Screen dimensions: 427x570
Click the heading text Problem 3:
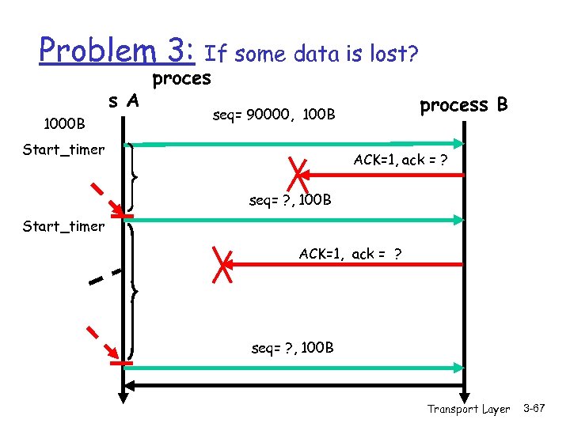tap(116, 51)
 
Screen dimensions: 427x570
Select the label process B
tap(463, 105)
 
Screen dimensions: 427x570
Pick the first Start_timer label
tap(64, 149)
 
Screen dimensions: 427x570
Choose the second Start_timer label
tap(64, 226)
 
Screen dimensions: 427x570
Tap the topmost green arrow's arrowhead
tap(458, 144)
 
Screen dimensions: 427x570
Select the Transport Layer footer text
tap(469, 409)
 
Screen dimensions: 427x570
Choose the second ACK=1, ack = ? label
tap(349, 254)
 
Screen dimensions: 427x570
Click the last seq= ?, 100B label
tap(292, 348)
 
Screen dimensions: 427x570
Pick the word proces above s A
tap(181, 78)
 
